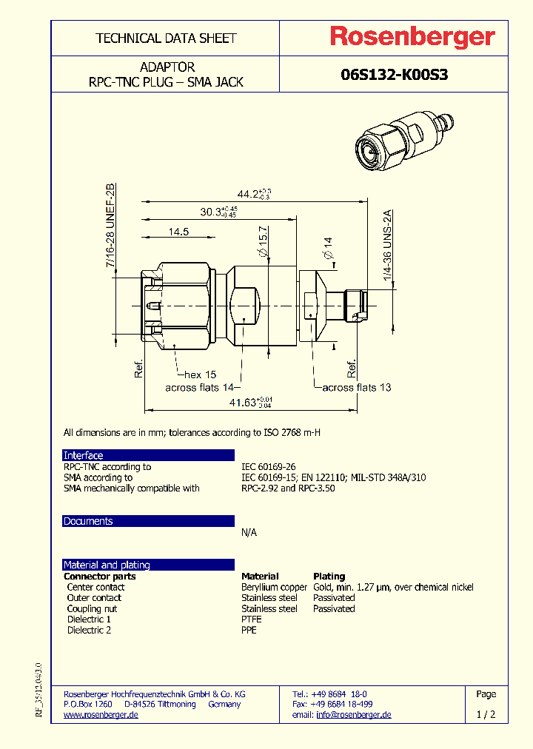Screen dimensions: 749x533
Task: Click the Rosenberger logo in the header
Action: [x=412, y=37]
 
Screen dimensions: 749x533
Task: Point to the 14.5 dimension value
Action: [x=178, y=232]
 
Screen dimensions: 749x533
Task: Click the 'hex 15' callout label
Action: [x=200, y=375]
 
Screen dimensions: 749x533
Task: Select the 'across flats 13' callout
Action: [x=356, y=387]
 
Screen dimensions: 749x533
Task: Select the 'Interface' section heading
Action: [x=84, y=455]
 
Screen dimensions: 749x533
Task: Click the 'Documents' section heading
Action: [x=88, y=521]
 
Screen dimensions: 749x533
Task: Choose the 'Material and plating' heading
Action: [x=107, y=565]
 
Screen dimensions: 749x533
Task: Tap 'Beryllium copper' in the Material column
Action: [x=274, y=587]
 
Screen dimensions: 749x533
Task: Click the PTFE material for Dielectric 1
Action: [x=252, y=619]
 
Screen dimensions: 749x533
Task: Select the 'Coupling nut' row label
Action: [x=92, y=608]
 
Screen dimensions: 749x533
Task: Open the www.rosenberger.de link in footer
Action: [x=101, y=715]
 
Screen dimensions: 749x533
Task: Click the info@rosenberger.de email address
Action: [x=353, y=715]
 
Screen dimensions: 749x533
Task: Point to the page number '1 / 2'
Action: [x=486, y=715]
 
